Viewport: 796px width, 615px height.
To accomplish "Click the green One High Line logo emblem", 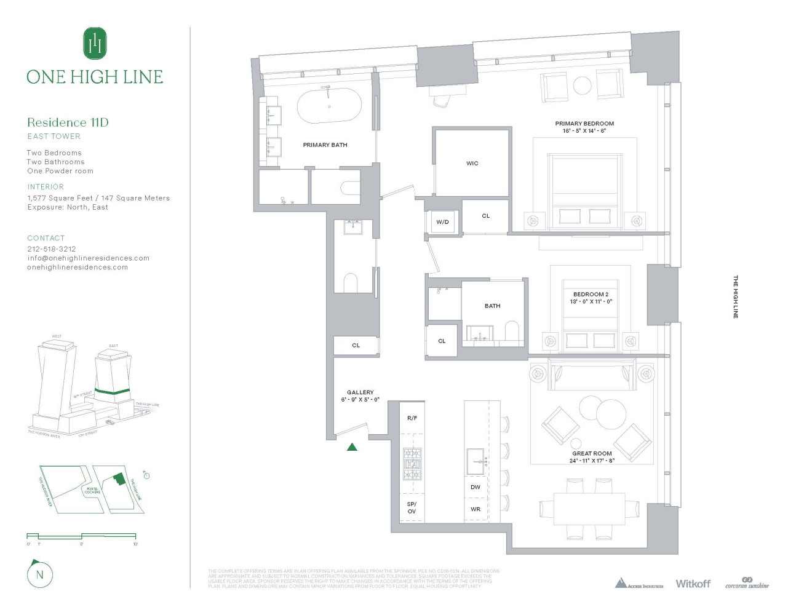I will [x=95, y=43].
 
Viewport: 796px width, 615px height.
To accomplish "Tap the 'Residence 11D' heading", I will [x=68, y=122].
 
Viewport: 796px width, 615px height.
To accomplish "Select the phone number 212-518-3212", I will [x=52, y=249].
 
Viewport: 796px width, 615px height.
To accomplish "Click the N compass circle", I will [x=40, y=575].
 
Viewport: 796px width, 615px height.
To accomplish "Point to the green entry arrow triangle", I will [x=352, y=447].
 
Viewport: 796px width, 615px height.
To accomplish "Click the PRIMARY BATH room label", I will [x=325, y=145].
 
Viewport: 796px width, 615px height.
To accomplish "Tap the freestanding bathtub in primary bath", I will [x=329, y=106].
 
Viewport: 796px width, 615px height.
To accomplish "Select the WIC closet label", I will [x=472, y=164].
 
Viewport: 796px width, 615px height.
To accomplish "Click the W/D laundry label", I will [x=442, y=222].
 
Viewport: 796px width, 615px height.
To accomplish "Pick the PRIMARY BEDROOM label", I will [x=584, y=124].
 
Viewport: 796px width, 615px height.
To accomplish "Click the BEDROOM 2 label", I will [x=591, y=295].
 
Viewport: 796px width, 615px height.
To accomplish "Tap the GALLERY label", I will [x=360, y=392].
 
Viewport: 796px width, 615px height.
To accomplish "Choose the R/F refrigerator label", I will [x=412, y=418].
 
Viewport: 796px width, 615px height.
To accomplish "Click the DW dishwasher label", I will [x=476, y=487].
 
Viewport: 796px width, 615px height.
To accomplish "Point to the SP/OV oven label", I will [x=412, y=508].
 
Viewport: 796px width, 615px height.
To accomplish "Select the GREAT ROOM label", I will [x=592, y=453].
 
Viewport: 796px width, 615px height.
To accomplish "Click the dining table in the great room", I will [x=589, y=509].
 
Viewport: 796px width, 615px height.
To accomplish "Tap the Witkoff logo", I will [x=693, y=584].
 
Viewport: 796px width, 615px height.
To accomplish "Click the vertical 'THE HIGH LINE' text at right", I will [x=735, y=296].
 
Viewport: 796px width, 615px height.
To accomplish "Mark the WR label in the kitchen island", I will [x=476, y=509].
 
